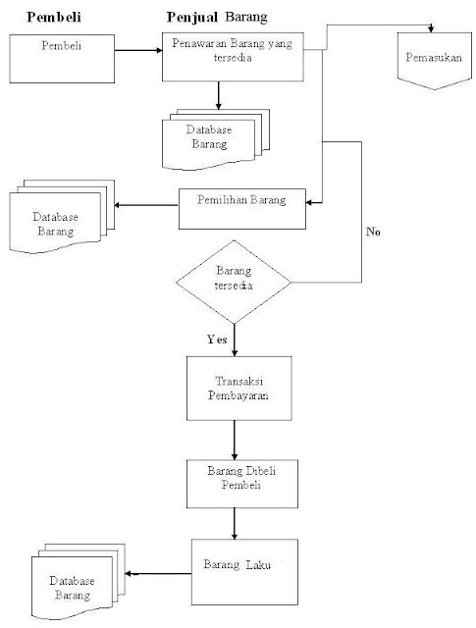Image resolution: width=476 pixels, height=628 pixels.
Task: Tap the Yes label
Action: pyautogui.click(x=218, y=339)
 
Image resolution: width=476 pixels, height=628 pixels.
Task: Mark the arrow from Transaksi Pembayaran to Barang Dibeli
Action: pyautogui.click(x=234, y=440)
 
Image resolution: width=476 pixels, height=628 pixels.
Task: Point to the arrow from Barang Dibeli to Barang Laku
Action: pyautogui.click(x=234, y=523)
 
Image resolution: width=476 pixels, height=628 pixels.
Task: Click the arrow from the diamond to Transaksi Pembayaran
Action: pyautogui.click(x=235, y=340)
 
